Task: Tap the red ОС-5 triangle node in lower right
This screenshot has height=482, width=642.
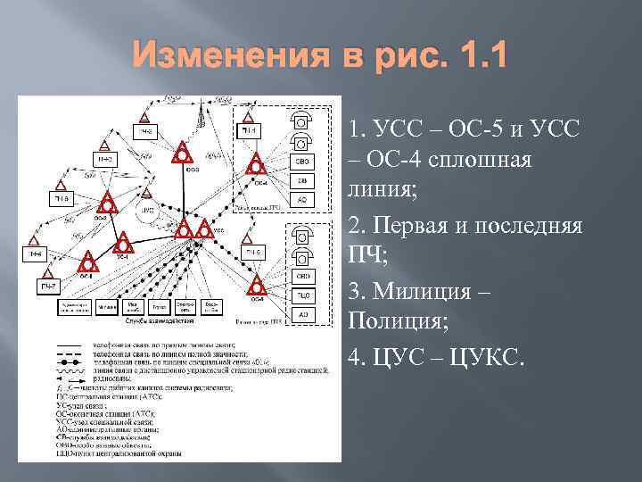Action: tap(257, 286)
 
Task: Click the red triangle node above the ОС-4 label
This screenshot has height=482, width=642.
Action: tap(256, 165)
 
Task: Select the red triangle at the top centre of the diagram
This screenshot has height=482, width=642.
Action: tap(183, 153)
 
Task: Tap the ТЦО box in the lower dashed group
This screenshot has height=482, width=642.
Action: tap(303, 294)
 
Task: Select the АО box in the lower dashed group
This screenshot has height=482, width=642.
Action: tap(303, 315)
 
